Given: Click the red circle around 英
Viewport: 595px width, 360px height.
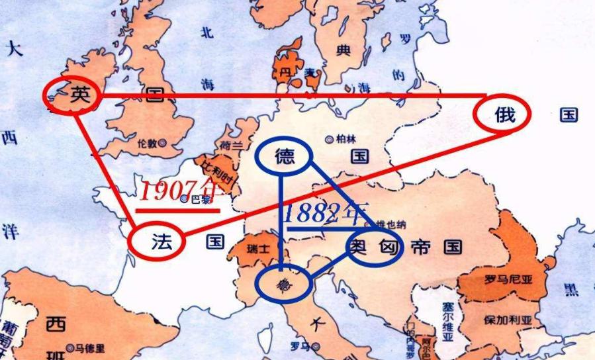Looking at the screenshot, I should (x=72, y=95).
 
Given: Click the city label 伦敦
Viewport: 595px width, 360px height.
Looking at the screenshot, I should (x=146, y=142).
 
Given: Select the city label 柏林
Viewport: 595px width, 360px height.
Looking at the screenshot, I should (x=344, y=139).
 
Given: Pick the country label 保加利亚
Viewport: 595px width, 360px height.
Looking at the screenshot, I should (x=508, y=320).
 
